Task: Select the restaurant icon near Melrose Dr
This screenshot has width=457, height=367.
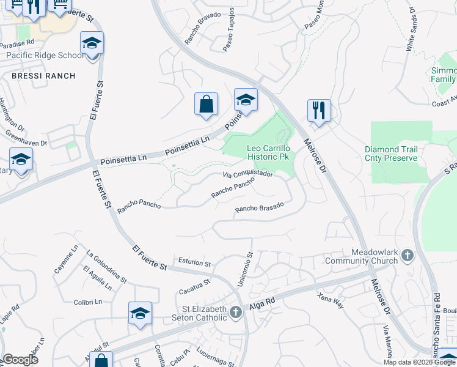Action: (319, 111)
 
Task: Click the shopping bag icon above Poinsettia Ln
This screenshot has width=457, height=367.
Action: (207, 103)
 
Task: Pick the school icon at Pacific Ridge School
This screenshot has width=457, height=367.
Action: (92, 43)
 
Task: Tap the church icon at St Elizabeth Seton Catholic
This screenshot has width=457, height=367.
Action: (236, 313)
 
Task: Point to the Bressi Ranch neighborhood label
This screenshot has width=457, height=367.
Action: (43, 76)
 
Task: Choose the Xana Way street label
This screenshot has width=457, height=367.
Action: (330, 300)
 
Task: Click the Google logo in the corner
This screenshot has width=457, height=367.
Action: (20, 360)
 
